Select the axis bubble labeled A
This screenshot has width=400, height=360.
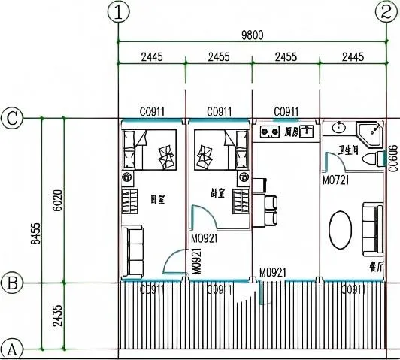click(11, 349)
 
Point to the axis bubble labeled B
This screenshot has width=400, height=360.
click(11, 283)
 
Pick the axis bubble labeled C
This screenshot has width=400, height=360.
click(11, 118)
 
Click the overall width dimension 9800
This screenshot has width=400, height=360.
click(252, 34)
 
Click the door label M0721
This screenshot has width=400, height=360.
click(336, 180)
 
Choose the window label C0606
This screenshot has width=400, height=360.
click(393, 160)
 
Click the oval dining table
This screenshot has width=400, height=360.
click(342, 230)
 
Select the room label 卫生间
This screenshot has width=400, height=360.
click(352, 150)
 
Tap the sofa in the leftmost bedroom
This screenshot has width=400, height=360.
click(134, 250)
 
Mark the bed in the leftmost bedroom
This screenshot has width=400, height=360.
click(150, 149)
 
